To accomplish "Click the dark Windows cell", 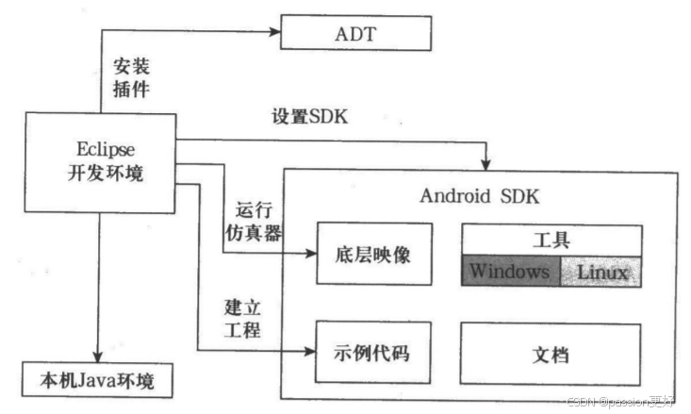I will [510, 272].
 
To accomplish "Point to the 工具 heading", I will [551, 241].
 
